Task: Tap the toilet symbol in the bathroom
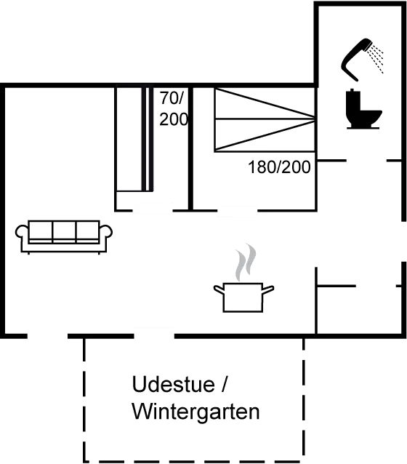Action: (x=363, y=109)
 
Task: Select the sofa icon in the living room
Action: (x=64, y=237)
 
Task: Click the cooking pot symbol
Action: (x=243, y=297)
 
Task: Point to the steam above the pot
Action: (x=245, y=263)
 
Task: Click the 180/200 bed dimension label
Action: (x=279, y=167)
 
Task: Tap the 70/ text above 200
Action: (x=172, y=98)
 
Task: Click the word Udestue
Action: (x=173, y=384)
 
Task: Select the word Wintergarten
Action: (x=196, y=411)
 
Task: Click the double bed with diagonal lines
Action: (x=265, y=120)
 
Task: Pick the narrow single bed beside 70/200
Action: (x=134, y=139)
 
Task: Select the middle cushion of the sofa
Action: (x=64, y=232)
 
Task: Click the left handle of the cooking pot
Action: (x=219, y=289)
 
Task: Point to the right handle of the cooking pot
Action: (x=268, y=289)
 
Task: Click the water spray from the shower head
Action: (x=376, y=57)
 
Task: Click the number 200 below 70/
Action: (x=174, y=119)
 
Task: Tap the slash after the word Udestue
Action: (x=224, y=384)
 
